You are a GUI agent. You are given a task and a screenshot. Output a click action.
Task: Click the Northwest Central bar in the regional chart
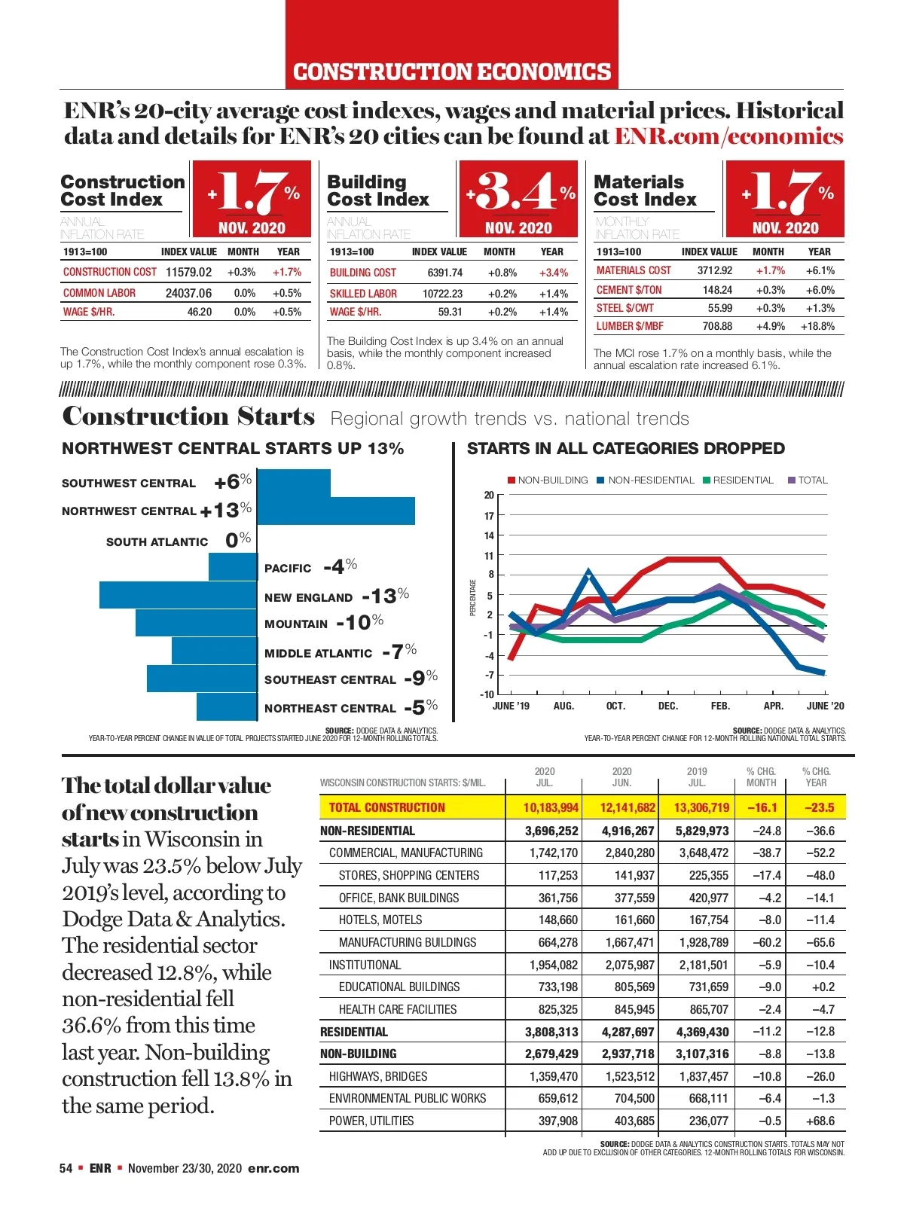(336, 511)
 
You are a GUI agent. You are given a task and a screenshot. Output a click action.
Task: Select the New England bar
(178, 595)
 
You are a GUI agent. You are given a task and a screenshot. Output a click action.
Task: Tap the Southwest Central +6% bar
(294, 483)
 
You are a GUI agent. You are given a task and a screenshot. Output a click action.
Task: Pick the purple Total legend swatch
(792, 480)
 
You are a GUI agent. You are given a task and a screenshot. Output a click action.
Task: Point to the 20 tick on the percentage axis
(489, 495)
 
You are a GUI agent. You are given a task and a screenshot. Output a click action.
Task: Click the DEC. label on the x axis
(667, 706)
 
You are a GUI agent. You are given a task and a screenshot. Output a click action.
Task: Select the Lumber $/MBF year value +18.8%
(817, 326)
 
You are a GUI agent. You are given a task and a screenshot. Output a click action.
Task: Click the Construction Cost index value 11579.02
(188, 272)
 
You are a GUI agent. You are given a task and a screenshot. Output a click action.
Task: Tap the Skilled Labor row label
(363, 294)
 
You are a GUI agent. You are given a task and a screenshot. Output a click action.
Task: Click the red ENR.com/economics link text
(728, 136)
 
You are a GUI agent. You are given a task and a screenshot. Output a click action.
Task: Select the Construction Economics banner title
(452, 72)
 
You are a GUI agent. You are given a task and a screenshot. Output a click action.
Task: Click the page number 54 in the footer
(66, 1168)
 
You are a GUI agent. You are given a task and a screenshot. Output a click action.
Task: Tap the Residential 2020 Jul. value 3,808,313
(551, 1032)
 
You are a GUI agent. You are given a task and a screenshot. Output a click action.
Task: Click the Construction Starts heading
(188, 416)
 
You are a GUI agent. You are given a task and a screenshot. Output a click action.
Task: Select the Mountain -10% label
(324, 623)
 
